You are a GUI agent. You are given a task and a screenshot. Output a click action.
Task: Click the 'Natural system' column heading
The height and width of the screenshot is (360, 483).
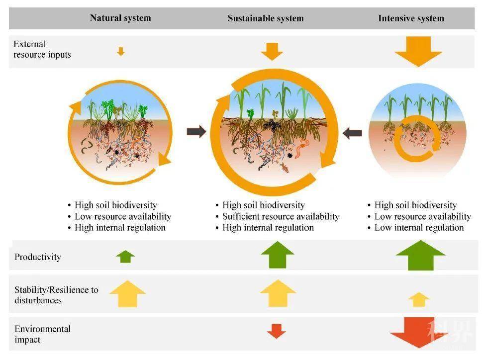(120, 18)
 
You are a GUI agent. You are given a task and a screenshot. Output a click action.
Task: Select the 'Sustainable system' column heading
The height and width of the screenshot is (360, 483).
(265, 18)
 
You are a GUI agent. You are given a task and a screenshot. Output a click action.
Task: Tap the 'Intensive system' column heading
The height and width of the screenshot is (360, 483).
(411, 18)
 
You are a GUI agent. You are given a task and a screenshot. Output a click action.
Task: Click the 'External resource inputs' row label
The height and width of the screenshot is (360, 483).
(42, 49)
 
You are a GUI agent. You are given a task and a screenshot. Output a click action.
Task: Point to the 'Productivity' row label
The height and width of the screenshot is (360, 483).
(38, 257)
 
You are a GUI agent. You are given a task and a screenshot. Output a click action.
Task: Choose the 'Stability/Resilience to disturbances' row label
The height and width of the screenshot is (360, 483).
(56, 295)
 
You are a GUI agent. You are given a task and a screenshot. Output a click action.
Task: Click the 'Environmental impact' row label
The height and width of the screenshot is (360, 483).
(42, 334)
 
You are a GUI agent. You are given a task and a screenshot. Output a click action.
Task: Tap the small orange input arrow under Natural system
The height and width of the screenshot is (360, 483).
(120, 51)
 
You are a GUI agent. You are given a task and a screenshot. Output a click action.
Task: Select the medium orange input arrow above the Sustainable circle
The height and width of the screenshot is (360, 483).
(272, 51)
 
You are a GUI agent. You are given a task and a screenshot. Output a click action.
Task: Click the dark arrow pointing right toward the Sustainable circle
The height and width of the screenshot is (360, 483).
(196, 132)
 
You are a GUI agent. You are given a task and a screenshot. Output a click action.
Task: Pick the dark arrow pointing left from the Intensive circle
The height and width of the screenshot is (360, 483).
(353, 133)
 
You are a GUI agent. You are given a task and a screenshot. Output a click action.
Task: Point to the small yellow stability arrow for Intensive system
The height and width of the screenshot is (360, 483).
(419, 299)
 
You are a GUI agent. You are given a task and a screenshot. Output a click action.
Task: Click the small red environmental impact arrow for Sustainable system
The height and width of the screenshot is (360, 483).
(276, 331)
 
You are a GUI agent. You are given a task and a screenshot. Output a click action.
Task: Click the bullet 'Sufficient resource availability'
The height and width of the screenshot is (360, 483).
(281, 216)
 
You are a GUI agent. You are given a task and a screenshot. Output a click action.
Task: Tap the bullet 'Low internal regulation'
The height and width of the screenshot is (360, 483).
(419, 228)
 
